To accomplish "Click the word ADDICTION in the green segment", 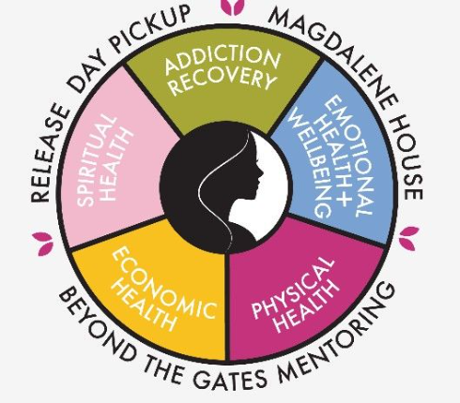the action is (x=222, y=60).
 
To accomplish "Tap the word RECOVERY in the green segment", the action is (x=223, y=81).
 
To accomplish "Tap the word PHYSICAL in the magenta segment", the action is (x=292, y=289).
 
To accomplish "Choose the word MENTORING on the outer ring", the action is (x=338, y=337).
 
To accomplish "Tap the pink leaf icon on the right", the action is (x=408, y=238).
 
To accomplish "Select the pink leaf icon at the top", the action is (x=232, y=7).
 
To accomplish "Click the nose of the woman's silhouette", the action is (x=262, y=172).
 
